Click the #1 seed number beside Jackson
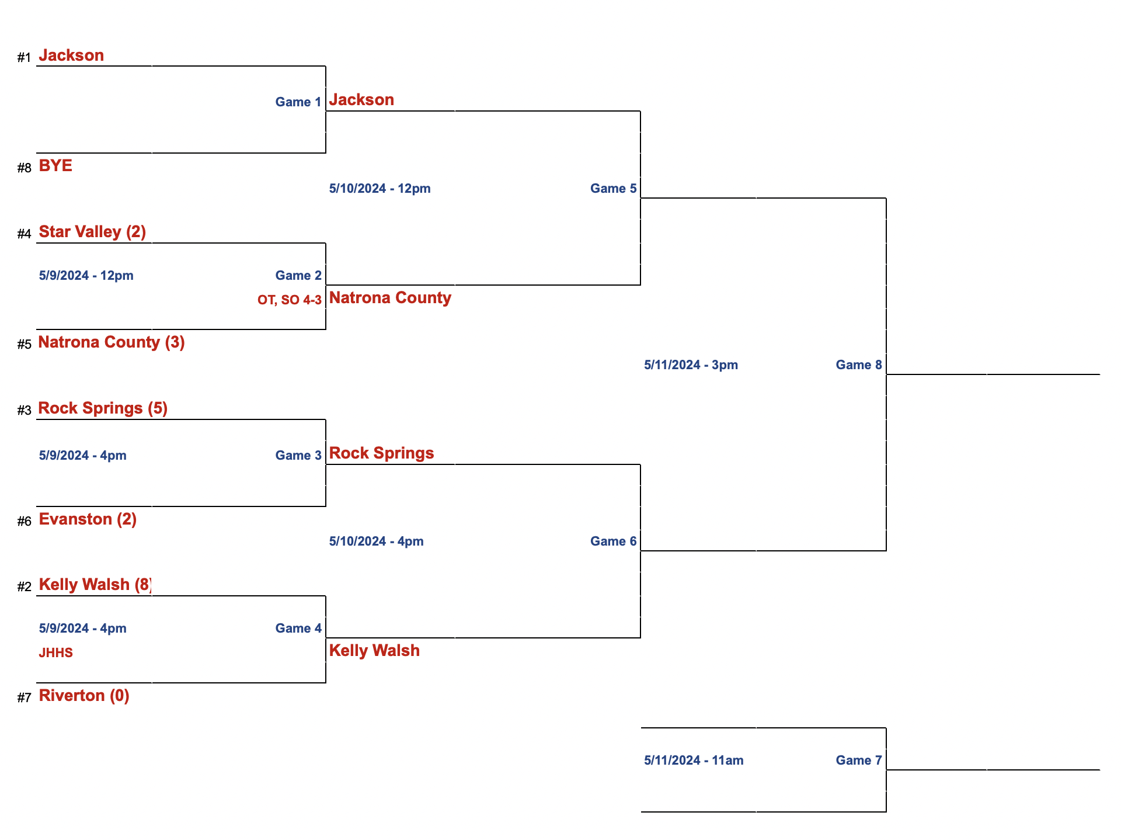click(24, 58)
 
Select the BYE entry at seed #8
click(55, 166)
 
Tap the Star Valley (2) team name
click(92, 232)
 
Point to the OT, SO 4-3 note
click(289, 300)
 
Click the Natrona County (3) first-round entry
click(111, 342)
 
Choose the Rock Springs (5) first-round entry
click(103, 408)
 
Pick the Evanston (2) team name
click(88, 519)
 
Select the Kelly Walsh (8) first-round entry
click(95, 585)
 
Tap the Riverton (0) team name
click(84, 696)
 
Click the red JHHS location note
click(55, 653)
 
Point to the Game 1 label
click(298, 102)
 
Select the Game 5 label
click(613, 189)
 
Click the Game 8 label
click(858, 365)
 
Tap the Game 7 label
click(858, 761)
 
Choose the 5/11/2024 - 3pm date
click(691, 365)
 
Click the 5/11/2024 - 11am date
click(694, 761)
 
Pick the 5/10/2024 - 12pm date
click(380, 189)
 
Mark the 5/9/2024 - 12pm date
click(86, 276)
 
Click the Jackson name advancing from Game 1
click(361, 100)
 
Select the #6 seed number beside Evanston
click(24, 522)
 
